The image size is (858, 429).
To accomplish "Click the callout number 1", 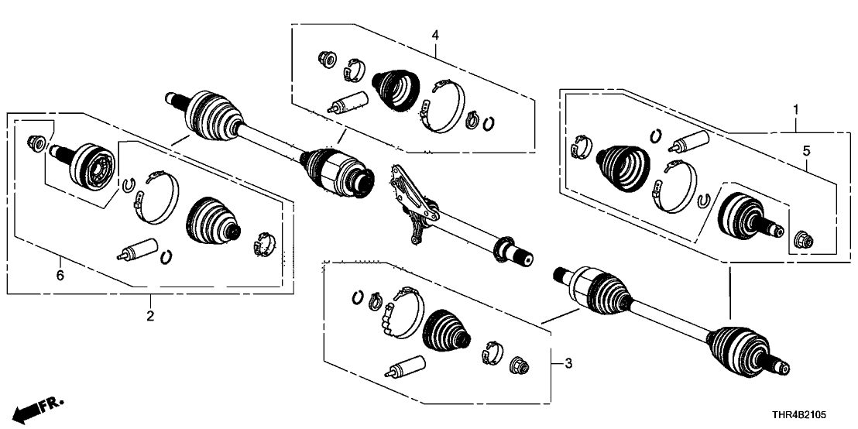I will pos(796,111).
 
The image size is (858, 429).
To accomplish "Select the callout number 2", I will pos(150,315).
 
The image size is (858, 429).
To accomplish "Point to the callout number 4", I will pos(435,35).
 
